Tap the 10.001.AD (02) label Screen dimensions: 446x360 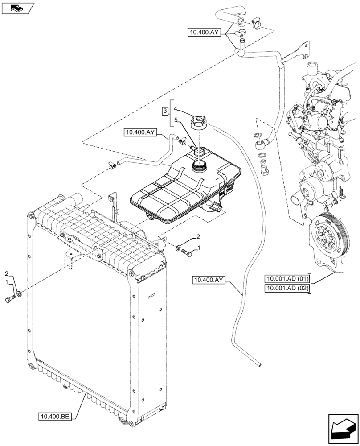click(286, 289)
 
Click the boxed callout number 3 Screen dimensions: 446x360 click(165, 110)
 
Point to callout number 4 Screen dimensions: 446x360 click(176, 108)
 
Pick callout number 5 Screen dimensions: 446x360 click(176, 120)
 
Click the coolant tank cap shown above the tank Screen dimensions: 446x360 click(198, 122)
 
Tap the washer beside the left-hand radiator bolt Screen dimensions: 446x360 click(19, 295)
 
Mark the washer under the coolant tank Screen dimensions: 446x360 click(178, 248)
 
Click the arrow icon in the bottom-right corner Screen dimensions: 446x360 click(343, 429)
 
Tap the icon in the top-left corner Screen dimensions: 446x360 click(17, 8)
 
